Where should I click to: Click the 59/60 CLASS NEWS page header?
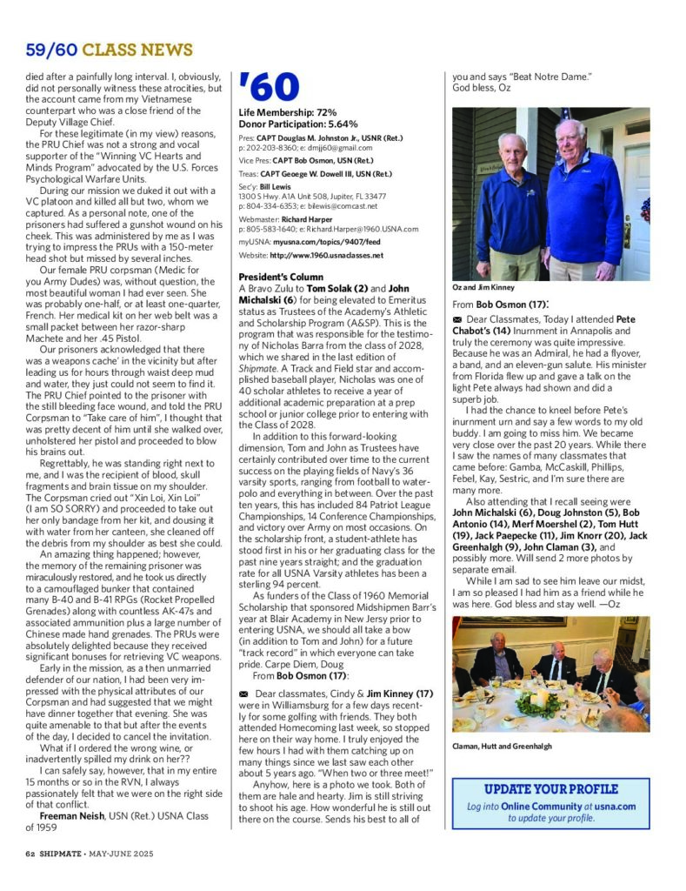click(x=109, y=50)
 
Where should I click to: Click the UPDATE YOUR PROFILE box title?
click(x=550, y=789)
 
